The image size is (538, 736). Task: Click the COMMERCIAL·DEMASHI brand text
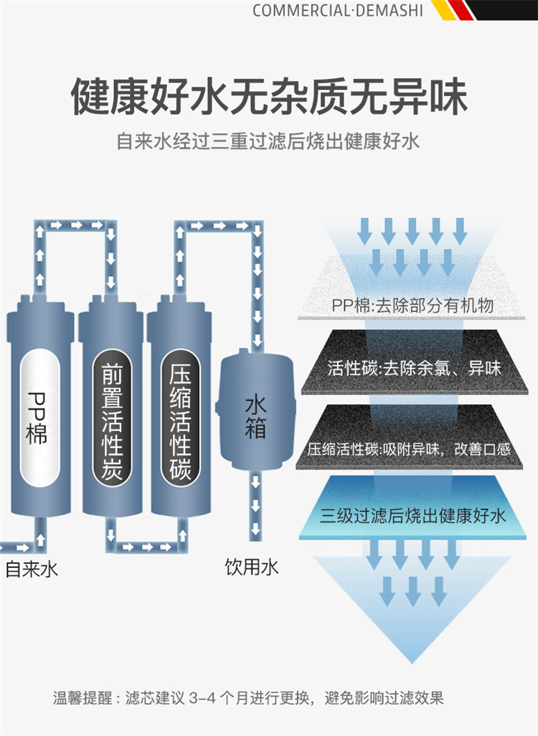338,11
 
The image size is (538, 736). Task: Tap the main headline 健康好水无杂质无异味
269,95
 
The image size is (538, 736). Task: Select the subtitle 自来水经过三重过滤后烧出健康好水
268,141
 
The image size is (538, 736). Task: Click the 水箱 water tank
255,416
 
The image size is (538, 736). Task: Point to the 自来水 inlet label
31,570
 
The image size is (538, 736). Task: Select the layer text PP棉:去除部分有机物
412,306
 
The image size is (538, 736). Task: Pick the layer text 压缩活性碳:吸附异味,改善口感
409,450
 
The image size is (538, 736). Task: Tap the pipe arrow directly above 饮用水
254,531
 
